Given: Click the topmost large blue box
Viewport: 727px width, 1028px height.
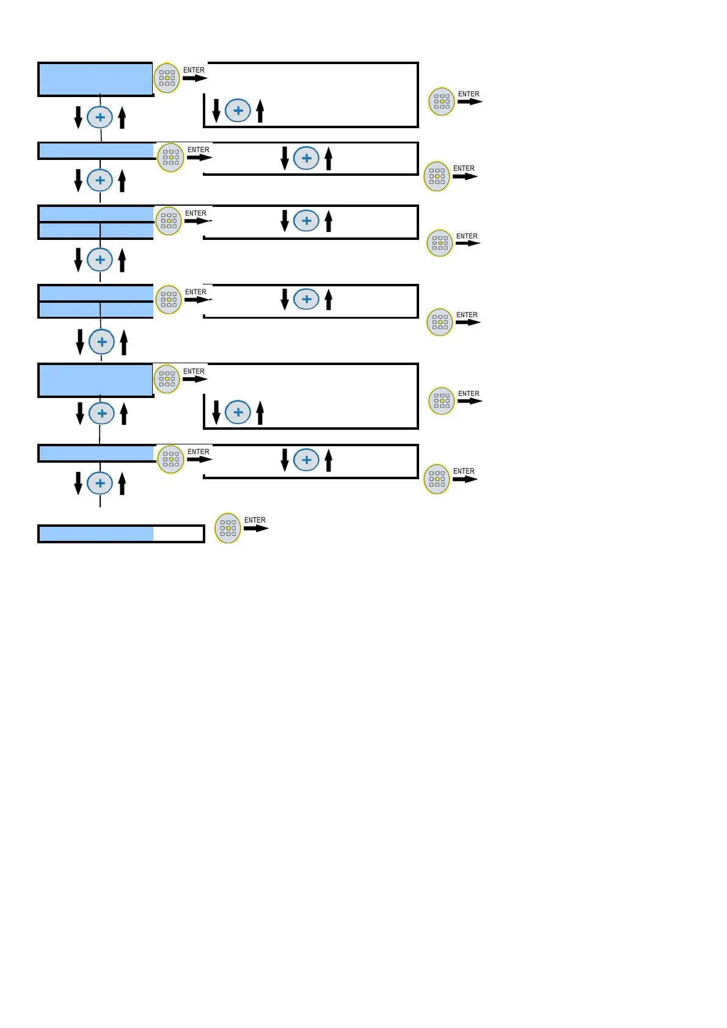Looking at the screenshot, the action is [x=95, y=79].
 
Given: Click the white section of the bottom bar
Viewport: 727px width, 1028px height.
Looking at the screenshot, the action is [x=178, y=534].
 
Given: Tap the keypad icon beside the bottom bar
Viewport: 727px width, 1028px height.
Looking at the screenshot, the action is [x=228, y=528].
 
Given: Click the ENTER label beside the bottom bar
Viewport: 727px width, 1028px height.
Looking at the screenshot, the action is [x=255, y=520].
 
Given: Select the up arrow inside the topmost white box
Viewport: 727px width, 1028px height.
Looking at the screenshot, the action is [x=260, y=110].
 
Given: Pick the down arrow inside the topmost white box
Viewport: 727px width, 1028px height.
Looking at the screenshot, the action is [x=216, y=110].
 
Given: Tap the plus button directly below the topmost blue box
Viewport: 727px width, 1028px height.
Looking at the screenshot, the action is [x=100, y=117].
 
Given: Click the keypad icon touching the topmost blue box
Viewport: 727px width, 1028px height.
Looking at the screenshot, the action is [x=167, y=78].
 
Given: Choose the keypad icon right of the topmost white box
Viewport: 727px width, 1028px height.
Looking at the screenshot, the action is [x=442, y=101].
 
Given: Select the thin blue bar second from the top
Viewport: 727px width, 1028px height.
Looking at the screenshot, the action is [x=96, y=150].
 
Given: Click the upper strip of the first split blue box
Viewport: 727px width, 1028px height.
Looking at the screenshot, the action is [x=96, y=214].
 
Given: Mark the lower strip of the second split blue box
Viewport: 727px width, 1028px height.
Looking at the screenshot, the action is [x=96, y=310].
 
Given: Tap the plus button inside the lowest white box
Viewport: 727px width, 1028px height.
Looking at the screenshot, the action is [x=307, y=460].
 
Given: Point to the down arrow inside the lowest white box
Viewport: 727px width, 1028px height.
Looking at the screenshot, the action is [x=285, y=460].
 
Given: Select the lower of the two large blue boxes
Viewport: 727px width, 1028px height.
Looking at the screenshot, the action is [x=95, y=380].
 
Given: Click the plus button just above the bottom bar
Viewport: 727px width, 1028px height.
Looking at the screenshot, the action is [x=100, y=483].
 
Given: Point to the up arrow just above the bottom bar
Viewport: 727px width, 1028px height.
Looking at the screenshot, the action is [x=122, y=483].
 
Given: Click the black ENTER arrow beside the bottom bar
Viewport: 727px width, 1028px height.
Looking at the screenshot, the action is [x=256, y=529].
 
